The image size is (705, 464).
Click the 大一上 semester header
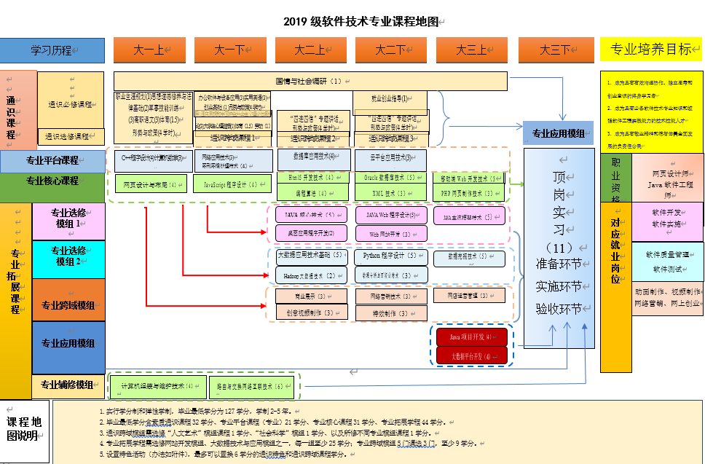[x=149, y=50]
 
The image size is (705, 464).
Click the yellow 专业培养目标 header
[x=651, y=50]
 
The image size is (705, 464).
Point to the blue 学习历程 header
[x=52, y=50]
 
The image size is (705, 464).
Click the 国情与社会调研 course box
[x=310, y=81]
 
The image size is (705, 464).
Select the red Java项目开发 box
[x=471, y=337]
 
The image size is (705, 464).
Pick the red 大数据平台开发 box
[x=471, y=355]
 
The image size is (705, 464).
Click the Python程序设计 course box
[x=390, y=256]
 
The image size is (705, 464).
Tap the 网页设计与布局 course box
[x=151, y=184]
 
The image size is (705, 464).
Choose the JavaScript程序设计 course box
[x=231, y=184]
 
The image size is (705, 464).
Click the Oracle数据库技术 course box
[x=390, y=177]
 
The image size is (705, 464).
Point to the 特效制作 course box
[x=390, y=314]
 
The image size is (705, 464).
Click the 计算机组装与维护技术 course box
[x=157, y=385]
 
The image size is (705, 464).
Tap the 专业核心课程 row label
[x=52, y=181]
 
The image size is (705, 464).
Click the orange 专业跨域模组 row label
[x=68, y=305]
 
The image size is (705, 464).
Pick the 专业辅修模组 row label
[x=67, y=385]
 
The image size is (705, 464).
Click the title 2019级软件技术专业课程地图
[x=361, y=21]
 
